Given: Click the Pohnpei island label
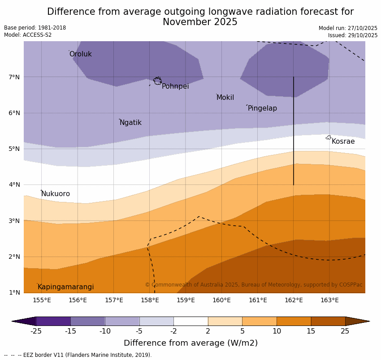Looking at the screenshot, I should click(x=175, y=86).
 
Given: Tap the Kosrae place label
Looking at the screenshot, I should click(x=343, y=141).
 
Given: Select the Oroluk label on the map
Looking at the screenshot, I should click(x=80, y=54).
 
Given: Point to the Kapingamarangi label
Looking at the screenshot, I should click(x=65, y=287).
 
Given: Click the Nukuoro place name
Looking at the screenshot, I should click(x=56, y=194).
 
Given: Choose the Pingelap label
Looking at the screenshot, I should click(x=262, y=108).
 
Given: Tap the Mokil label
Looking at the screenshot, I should click(x=225, y=98).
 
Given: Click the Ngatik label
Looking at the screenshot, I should click(x=130, y=123).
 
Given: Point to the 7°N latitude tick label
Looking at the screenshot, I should click(x=14, y=77).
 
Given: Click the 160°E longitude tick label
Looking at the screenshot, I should click(x=221, y=300).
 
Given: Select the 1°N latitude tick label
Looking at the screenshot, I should click(x=14, y=292).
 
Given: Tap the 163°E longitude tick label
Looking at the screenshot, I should click(x=329, y=300).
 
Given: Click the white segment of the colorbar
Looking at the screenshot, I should click(x=190, y=321).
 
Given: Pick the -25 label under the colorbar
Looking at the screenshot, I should click(x=36, y=331).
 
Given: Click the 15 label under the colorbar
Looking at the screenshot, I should click(x=311, y=331).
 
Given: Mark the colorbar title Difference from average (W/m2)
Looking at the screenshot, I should click(x=190, y=343).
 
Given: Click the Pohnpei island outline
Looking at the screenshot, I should click(x=157, y=81).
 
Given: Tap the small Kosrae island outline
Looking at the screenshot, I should click(x=329, y=137).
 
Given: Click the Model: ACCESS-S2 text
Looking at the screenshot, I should click(x=28, y=35).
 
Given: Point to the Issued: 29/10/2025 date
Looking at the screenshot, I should click(x=352, y=35).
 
